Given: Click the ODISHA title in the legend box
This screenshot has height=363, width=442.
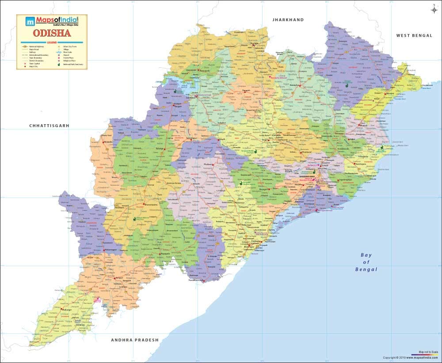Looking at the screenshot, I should pyautogui.click(x=51, y=33).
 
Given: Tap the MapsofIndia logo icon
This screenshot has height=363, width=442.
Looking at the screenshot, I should pyautogui.click(x=30, y=21).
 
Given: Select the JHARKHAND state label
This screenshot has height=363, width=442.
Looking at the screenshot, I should pyautogui.click(x=288, y=20).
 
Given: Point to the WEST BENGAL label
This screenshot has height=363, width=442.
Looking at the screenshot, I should pyautogui.click(x=414, y=35).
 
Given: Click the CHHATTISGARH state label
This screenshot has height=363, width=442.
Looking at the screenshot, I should pyautogui.click(x=49, y=126).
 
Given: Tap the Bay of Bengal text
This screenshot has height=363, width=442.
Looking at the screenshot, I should pyautogui.click(x=366, y=262).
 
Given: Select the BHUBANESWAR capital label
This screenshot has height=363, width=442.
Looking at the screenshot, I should pyautogui.click(x=307, y=176).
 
